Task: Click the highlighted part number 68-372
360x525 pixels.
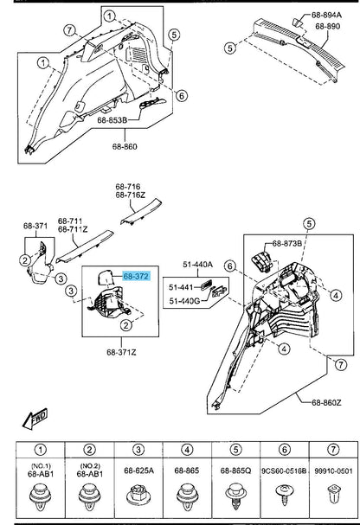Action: pyautogui.click(x=136, y=276)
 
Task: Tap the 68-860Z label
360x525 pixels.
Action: pyautogui.click(x=326, y=402)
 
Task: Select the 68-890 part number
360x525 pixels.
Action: pyautogui.click(x=327, y=26)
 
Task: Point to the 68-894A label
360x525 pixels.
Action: pyautogui.click(x=326, y=15)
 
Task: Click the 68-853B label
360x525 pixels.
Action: pyautogui.click(x=112, y=120)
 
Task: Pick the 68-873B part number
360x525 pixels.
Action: pyautogui.click(x=287, y=243)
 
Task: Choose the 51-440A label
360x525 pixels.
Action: pyautogui.click(x=197, y=265)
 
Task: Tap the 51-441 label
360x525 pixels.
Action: pyautogui.click(x=181, y=287)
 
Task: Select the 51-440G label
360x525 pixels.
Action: pyautogui.click(x=184, y=301)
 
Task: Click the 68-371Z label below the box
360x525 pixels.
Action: pyautogui.click(x=121, y=352)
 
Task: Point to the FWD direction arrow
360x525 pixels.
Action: pyautogui.click(x=35, y=419)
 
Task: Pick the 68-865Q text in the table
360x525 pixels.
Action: pyautogui.click(x=235, y=471)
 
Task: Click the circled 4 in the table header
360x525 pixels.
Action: pyautogui.click(x=187, y=450)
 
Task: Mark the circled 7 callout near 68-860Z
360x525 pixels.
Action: pyautogui.click(x=341, y=364)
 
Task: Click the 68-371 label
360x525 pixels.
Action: pyautogui.click(x=35, y=226)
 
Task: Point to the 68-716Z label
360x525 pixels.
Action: pyautogui.click(x=131, y=195)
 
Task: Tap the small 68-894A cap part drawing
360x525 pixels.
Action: pyautogui.click(x=298, y=22)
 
